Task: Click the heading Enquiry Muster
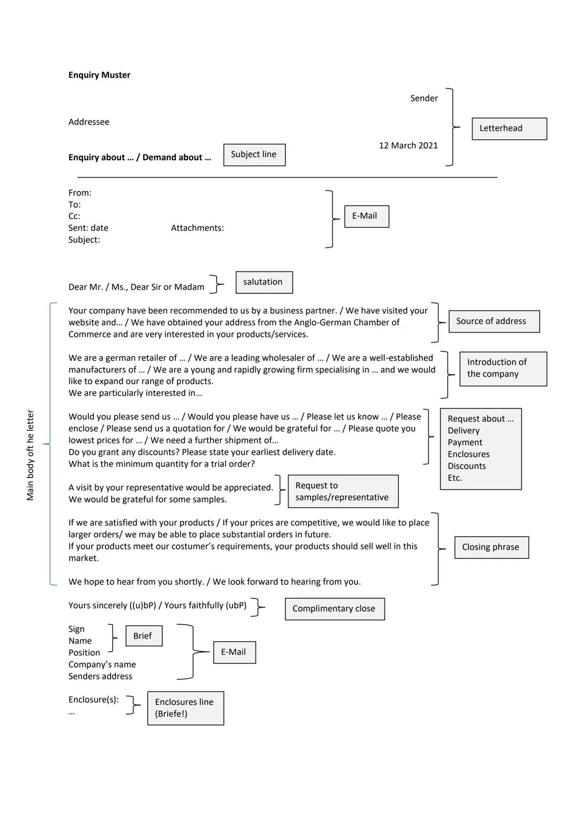click(99, 75)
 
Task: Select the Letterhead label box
click(509, 129)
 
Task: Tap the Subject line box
click(254, 154)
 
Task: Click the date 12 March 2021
click(408, 145)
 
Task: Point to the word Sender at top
click(424, 98)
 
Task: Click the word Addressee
click(89, 122)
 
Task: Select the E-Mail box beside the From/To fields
click(366, 216)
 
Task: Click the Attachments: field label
click(197, 228)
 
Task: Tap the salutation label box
click(264, 282)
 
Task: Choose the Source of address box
click(494, 321)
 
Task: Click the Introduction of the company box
click(503, 368)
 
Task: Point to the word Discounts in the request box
click(466, 466)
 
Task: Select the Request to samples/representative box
click(342, 491)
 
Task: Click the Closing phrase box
click(491, 547)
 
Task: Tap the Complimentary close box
click(334, 609)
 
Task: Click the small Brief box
click(143, 636)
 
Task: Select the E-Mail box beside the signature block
click(234, 652)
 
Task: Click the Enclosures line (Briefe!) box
click(185, 708)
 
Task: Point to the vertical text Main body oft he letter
click(30, 455)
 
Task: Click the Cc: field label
click(74, 216)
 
